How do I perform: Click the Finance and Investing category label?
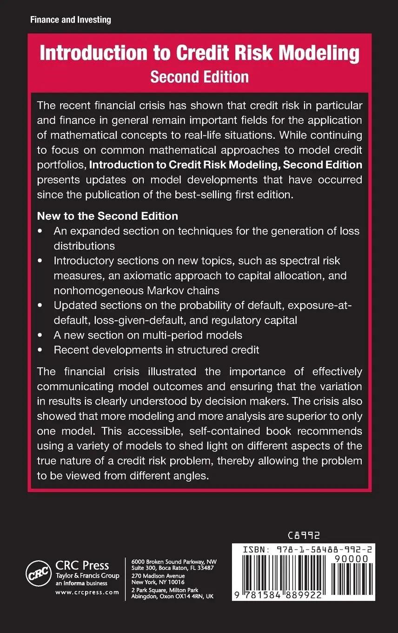point(71,20)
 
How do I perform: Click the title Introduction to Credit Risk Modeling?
point(199,54)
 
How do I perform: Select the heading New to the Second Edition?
point(107,216)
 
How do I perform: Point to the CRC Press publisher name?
point(82,566)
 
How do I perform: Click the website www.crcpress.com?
point(87,593)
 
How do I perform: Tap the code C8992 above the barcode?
point(304,536)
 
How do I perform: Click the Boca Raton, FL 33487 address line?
point(173,568)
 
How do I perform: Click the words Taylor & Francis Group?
point(87,576)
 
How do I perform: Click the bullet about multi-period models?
point(148,335)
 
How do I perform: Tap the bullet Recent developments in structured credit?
point(156,350)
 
